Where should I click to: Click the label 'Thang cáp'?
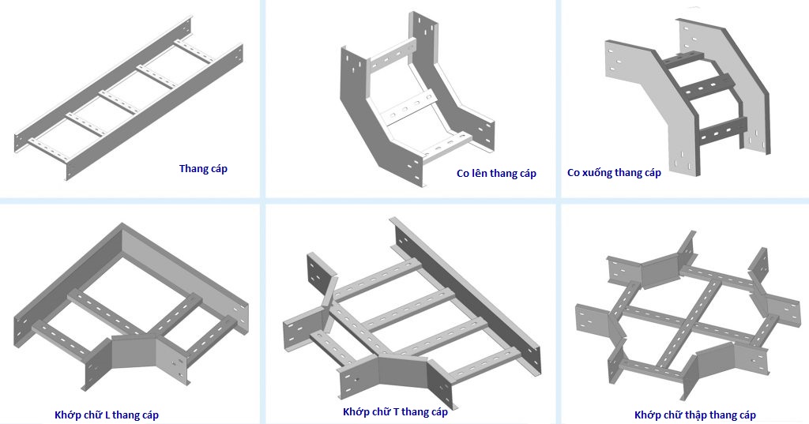(x=203, y=168)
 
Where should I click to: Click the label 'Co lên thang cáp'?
(x=496, y=174)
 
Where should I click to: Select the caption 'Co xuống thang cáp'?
(x=614, y=173)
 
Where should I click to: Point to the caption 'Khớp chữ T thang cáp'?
(x=395, y=411)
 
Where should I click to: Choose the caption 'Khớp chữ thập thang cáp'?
(x=694, y=415)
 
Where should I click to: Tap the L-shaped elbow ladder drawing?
(x=130, y=308)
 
